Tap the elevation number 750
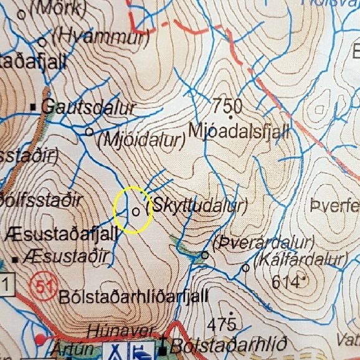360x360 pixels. click(227, 103)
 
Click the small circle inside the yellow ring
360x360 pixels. click(136, 211)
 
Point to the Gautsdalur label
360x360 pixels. click(88, 108)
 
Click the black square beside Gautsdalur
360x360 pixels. click(34, 108)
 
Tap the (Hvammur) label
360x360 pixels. click(98, 37)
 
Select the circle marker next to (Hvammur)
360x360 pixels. click(42, 42)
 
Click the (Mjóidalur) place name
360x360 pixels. click(142, 140)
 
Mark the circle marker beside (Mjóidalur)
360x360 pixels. click(89, 132)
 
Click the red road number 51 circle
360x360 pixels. click(41, 285)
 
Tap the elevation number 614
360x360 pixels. click(286, 282)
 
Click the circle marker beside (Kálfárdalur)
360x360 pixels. click(246, 268)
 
